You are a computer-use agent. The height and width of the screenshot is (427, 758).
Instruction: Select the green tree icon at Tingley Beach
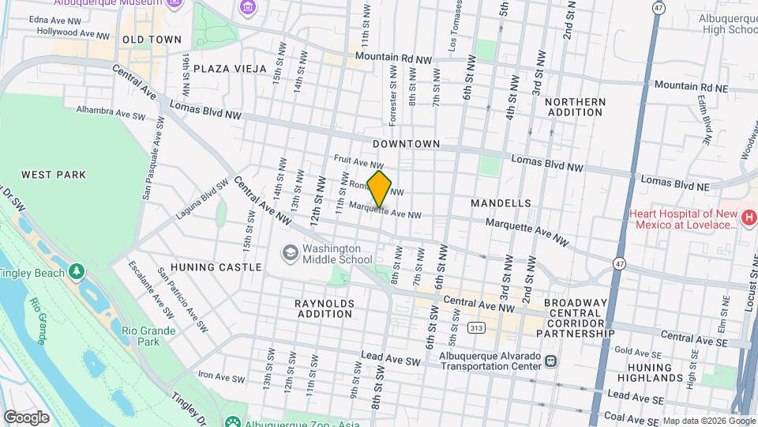click(x=76, y=272)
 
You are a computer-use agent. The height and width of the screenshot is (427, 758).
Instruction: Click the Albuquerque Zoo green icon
click(x=231, y=420)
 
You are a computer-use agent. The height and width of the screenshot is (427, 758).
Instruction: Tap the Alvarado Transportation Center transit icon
click(x=550, y=361)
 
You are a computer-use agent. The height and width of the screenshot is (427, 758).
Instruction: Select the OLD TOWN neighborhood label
click(x=152, y=39)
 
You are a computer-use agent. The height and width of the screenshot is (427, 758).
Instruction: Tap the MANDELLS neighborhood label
click(x=501, y=203)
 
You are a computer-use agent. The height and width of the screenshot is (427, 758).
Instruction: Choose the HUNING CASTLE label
click(x=221, y=267)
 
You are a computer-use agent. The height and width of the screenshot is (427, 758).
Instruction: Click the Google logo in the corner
click(x=26, y=418)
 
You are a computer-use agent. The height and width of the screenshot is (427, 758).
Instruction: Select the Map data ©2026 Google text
click(x=708, y=421)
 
